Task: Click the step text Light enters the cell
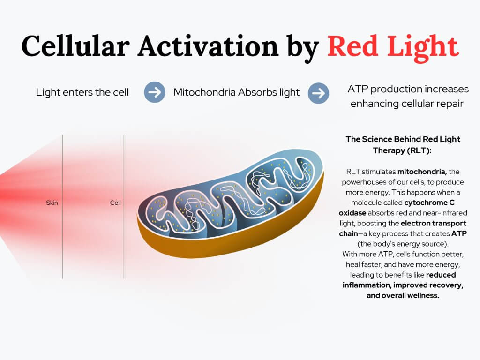[x=82, y=92]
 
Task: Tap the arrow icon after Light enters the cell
[x=154, y=92]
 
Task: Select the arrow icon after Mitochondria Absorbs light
[x=318, y=93]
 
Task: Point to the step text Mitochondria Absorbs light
[x=236, y=92]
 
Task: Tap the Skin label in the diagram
[x=52, y=203]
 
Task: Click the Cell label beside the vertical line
[x=115, y=203]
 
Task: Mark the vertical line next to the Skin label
[x=62, y=234]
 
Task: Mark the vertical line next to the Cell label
[x=124, y=234]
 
